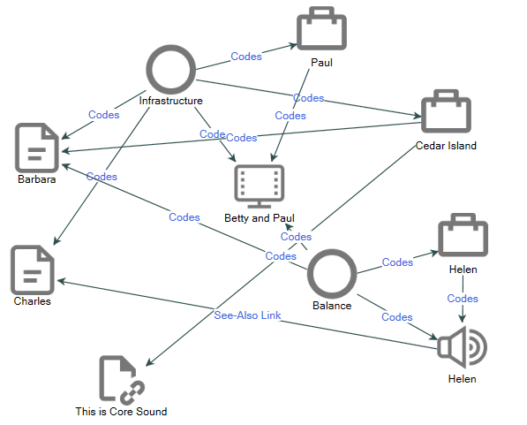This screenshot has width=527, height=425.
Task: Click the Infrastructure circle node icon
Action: [170, 69]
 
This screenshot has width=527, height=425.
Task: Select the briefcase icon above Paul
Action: [321, 29]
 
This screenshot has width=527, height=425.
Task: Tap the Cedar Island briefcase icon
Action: [446, 111]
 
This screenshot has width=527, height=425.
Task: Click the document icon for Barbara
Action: [36, 147]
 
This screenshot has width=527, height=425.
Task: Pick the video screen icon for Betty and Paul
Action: [259, 186]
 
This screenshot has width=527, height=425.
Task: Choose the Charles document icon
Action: [33, 269]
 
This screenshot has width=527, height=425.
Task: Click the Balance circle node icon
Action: [332, 274]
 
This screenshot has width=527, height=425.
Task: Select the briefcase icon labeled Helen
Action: [463, 236]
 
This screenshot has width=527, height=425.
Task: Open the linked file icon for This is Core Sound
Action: [121, 379]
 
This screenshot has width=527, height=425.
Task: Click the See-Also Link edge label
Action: [247, 315]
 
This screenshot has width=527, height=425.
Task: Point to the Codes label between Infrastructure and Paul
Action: [246, 56]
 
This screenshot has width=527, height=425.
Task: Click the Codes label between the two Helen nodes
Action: [463, 298]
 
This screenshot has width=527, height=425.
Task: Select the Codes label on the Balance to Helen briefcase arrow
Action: [397, 262]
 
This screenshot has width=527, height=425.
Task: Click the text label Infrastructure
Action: [170, 101]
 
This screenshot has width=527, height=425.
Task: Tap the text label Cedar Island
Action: [446, 146]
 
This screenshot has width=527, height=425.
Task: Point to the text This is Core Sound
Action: [121, 412]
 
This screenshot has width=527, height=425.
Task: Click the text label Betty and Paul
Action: [259, 218]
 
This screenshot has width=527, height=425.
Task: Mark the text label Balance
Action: [332, 306]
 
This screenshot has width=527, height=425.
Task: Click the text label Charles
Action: [33, 301]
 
